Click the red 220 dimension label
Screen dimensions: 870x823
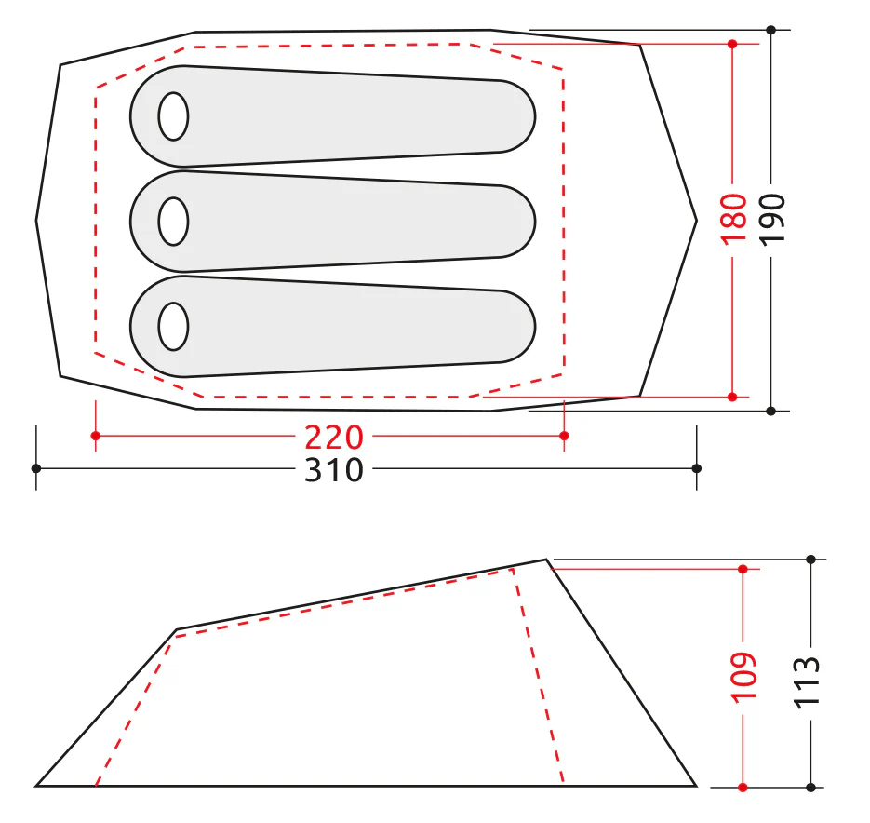[334, 438]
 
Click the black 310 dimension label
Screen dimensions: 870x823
[334, 470]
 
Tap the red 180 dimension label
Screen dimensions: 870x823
[733, 219]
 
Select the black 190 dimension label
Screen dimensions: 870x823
[771, 219]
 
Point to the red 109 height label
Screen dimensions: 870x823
[743, 678]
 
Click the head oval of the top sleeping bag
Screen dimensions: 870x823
[173, 116]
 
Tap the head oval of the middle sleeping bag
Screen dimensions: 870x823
[173, 221]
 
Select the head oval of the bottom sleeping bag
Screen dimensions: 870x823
[173, 327]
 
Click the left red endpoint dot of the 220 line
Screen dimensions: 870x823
[96, 436]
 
